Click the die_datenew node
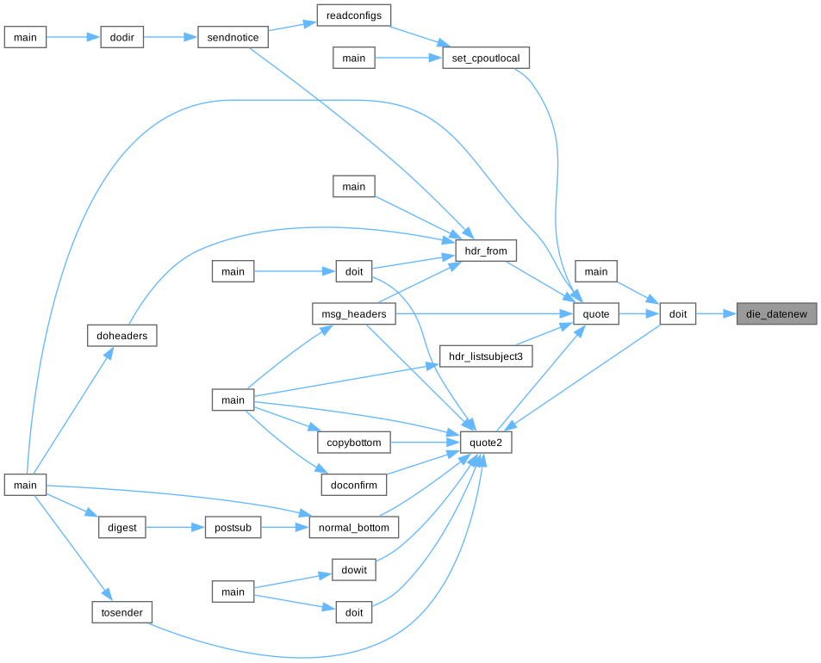coord(776,314)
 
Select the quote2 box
coord(487,443)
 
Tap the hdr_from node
coord(487,251)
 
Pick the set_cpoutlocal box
coord(486,59)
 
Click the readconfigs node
coord(354,15)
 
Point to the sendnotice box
coord(233,38)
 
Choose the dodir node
coord(121,38)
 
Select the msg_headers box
coord(353,315)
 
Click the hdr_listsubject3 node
coord(487,356)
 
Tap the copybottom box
coord(354,443)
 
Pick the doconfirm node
coord(354,485)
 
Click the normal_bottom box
coord(354,528)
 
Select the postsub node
coord(233,528)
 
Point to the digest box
coord(121,528)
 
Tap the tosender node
coord(121,612)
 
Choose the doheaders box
coord(121,336)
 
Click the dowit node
coord(354,570)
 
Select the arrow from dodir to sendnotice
coord(171,38)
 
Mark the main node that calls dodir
coord(25,38)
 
